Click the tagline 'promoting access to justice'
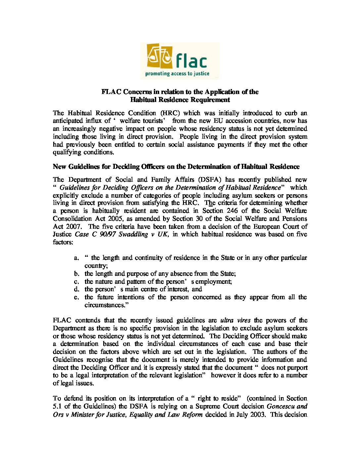[x=179, y=73]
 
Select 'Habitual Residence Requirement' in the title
[x=180, y=99]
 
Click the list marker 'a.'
[x=77, y=257]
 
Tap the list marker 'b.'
[x=77, y=273]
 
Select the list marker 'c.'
[x=77, y=281]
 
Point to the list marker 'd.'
[x=77, y=289]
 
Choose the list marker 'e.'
[x=77, y=297]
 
